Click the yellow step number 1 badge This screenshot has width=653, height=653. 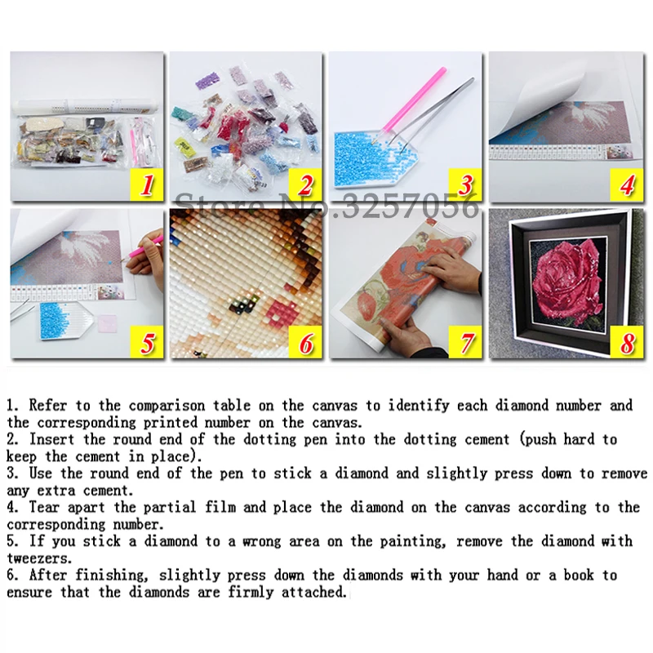coord(147,185)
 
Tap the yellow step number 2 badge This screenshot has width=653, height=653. coord(306,185)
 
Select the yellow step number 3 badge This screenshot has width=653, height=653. coord(466,185)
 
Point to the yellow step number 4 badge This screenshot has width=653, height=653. coord(626,185)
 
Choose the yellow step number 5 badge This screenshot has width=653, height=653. coord(147,342)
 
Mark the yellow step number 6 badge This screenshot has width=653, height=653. coord(306,342)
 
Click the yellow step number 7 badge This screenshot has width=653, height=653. coord(466,342)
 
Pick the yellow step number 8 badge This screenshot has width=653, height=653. coord(626,342)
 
